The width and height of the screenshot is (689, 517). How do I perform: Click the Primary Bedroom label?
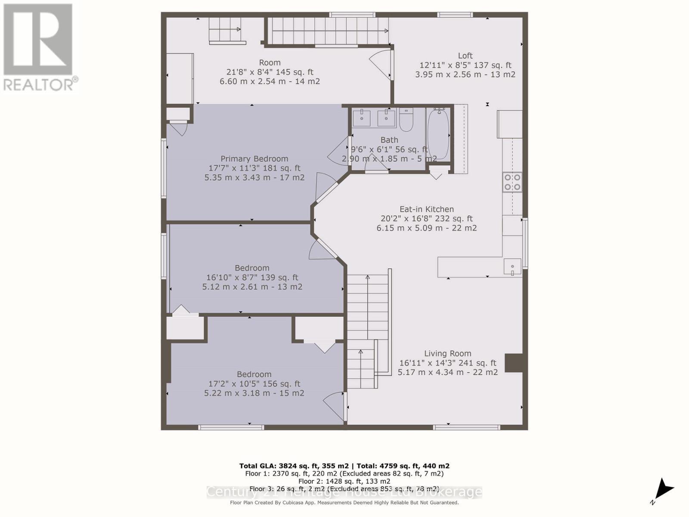point(254,159)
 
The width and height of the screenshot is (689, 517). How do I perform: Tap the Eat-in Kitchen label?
point(426,209)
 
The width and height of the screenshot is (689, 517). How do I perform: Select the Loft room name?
point(465,56)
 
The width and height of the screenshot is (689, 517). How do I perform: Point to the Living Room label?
point(447,353)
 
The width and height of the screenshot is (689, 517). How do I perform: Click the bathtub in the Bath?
point(438,134)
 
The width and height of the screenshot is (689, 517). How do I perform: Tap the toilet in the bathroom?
point(406,120)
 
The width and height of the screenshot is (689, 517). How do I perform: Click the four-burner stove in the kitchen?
point(512,182)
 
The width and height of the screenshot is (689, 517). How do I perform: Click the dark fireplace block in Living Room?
point(514,363)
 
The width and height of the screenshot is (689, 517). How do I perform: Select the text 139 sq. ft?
point(277,277)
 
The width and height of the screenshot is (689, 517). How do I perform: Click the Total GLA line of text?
point(344,466)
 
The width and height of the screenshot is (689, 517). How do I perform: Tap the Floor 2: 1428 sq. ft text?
point(344,481)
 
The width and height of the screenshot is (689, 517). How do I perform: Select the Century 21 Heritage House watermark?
point(344,492)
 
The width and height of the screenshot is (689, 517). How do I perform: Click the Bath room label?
point(389,140)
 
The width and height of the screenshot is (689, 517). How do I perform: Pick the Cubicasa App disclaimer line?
point(344,502)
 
